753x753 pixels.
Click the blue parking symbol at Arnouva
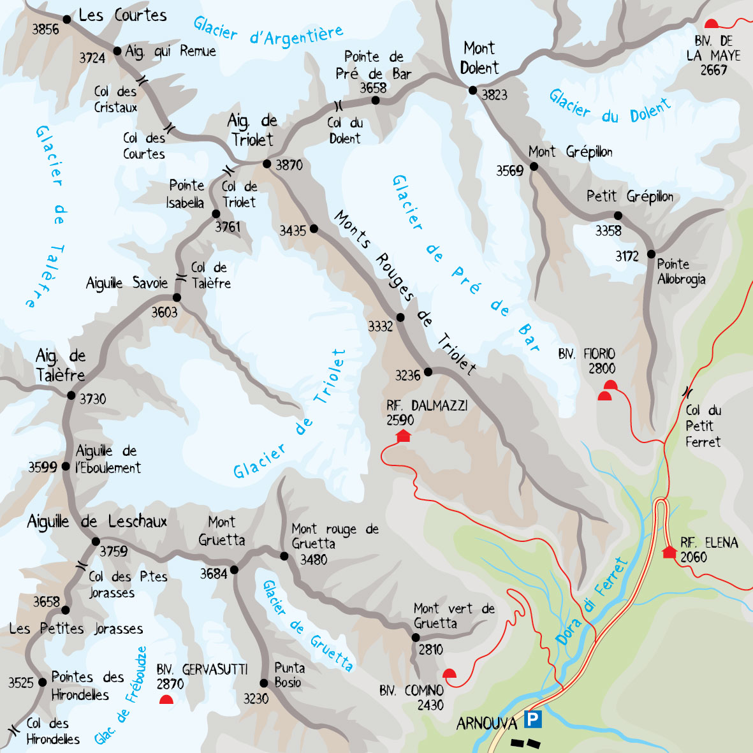pyautogui.click(x=532, y=720)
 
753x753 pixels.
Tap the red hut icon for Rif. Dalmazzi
pyautogui.click(x=403, y=435)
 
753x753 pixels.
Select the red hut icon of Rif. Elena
pyautogui.click(x=669, y=552)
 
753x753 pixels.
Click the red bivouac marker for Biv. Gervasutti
pyautogui.click(x=166, y=699)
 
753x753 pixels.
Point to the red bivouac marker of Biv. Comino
pyautogui.click(x=450, y=673)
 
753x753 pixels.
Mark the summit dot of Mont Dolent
pyautogui.click(x=472, y=91)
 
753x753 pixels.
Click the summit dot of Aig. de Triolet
pyautogui.click(x=267, y=164)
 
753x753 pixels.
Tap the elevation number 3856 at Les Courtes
pyautogui.click(x=45, y=29)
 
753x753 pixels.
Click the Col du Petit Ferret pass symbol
pyautogui.click(x=687, y=391)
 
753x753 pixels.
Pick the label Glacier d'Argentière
pyautogui.click(x=268, y=32)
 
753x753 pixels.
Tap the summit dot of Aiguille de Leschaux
pyautogui.click(x=96, y=541)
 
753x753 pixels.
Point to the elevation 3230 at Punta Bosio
pyautogui.click(x=256, y=699)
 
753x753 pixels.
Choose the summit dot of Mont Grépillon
pyautogui.click(x=534, y=166)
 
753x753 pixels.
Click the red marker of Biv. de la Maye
pyautogui.click(x=712, y=24)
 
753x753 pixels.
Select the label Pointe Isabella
pyautogui.click(x=186, y=194)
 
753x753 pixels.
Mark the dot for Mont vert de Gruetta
pyautogui.click(x=416, y=637)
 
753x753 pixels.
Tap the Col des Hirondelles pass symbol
pyautogui.click(x=11, y=728)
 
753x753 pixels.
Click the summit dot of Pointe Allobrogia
pyautogui.click(x=651, y=254)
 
